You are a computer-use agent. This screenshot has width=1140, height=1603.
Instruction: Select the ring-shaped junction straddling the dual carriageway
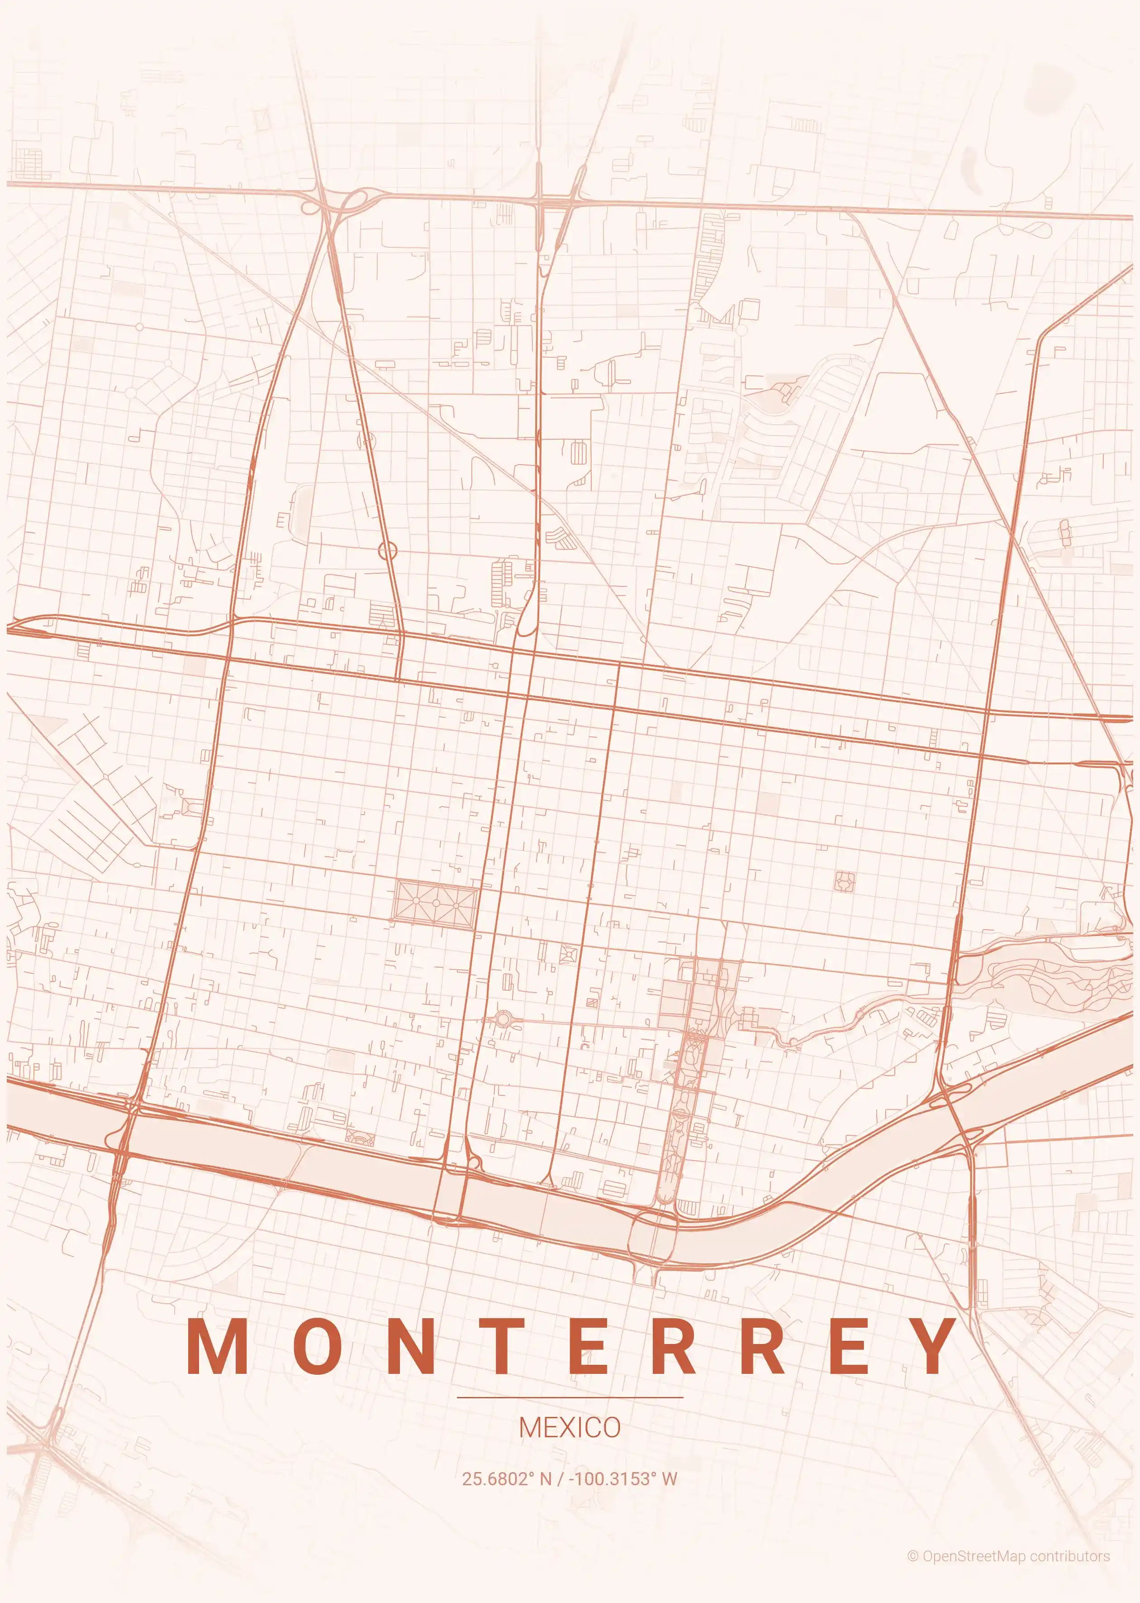coord(388,551)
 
